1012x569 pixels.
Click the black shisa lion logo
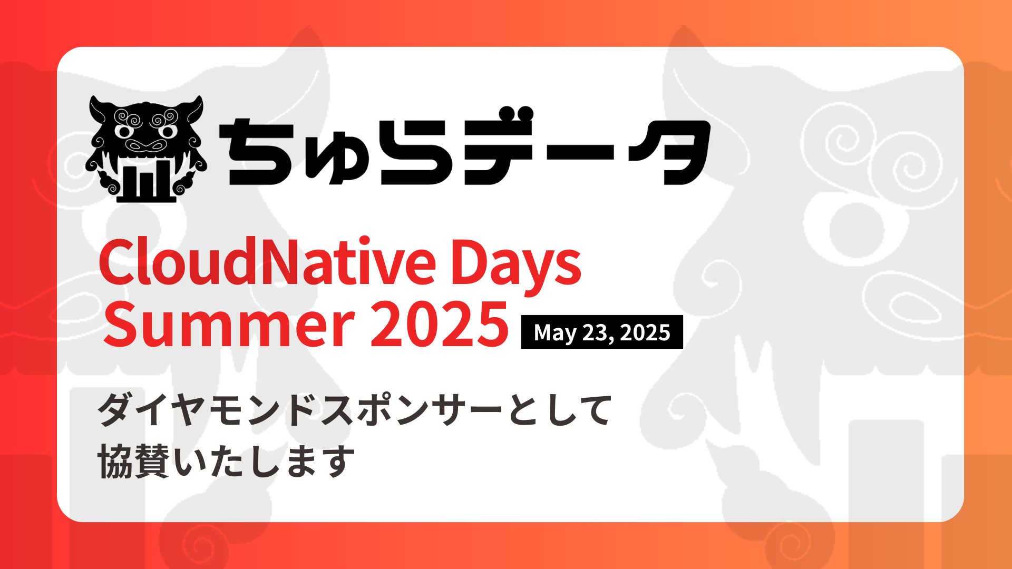145,149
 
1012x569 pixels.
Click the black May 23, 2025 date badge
601,332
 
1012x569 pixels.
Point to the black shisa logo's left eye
124,130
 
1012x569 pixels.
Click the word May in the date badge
554,332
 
